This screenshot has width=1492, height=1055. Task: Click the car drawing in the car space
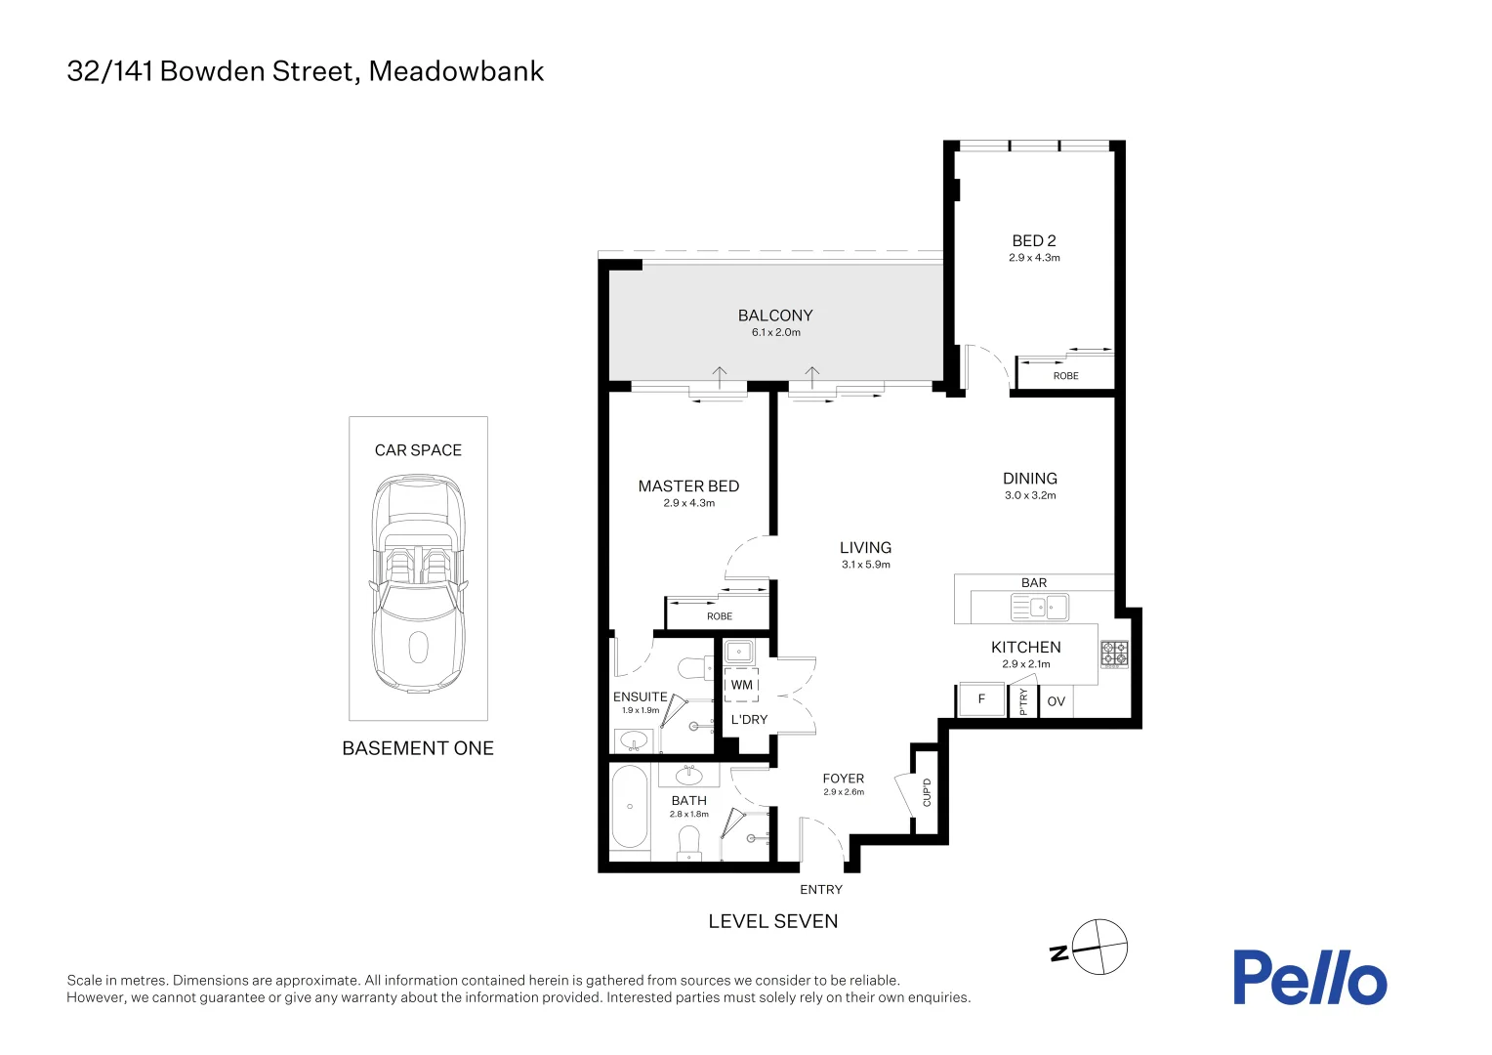pyautogui.click(x=418, y=583)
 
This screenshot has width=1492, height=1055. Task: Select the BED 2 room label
pyautogui.click(x=1034, y=240)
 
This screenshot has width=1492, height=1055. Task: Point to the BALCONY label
pyautogui.click(x=775, y=316)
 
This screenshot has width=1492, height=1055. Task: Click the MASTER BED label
pyautogui.click(x=688, y=485)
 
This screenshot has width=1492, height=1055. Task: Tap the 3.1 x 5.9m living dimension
pyautogui.click(x=866, y=565)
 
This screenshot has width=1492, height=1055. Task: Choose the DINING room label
pyautogui.click(x=1030, y=478)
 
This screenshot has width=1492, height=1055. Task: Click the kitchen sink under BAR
pyautogui.click(x=1040, y=608)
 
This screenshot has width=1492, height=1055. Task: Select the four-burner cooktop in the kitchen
pyautogui.click(x=1114, y=654)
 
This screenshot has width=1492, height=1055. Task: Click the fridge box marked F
pyautogui.click(x=981, y=699)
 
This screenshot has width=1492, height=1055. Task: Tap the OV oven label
pyautogui.click(x=1056, y=701)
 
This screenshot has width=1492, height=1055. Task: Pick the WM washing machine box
pyautogui.click(x=741, y=685)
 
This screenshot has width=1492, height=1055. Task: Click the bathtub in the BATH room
pyautogui.click(x=630, y=807)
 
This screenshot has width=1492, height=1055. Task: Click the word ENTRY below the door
pyautogui.click(x=821, y=890)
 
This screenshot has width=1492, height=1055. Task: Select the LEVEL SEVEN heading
pyautogui.click(x=773, y=921)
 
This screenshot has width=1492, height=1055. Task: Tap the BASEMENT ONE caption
pyautogui.click(x=418, y=748)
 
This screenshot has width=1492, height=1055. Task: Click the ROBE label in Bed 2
pyautogui.click(x=1065, y=376)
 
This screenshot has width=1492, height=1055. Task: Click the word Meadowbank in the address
pyautogui.click(x=456, y=71)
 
